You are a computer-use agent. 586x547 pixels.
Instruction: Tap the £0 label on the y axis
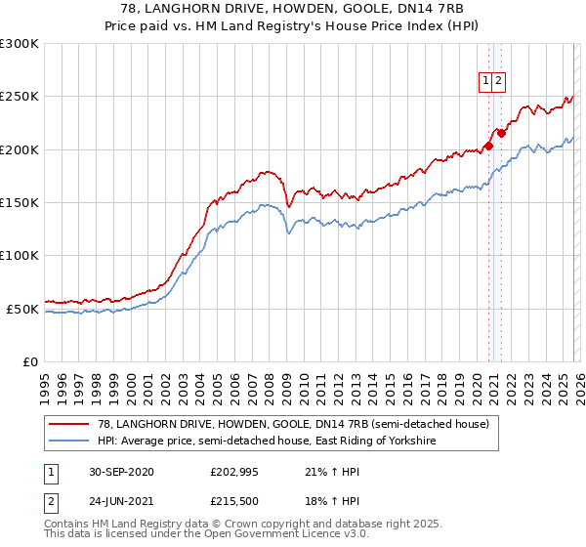coord(29,362)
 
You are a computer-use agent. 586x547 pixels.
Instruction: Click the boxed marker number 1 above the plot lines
coord(485,82)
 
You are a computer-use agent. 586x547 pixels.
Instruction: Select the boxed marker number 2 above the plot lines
coord(498,82)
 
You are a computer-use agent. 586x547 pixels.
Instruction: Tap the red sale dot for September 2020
coord(489,147)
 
